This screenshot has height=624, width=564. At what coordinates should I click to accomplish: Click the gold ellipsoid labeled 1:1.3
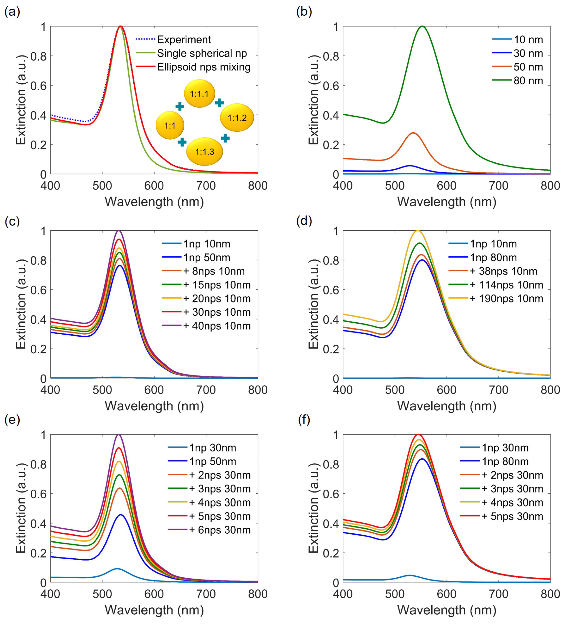[x=204, y=151]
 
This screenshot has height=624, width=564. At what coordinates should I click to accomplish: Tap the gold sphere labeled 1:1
[x=170, y=125]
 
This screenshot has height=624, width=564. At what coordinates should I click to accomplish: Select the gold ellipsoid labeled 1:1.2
[x=237, y=118]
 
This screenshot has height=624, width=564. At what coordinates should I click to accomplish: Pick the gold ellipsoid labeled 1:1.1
[x=199, y=94]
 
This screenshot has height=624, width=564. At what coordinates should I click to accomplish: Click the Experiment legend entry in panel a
[x=184, y=40]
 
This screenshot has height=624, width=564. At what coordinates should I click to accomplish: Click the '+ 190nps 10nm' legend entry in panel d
[x=506, y=298]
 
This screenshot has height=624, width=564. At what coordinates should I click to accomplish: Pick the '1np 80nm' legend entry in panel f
[x=505, y=461]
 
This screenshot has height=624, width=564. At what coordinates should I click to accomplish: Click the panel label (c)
[x=12, y=221]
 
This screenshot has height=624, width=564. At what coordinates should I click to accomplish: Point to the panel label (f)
[x=304, y=420]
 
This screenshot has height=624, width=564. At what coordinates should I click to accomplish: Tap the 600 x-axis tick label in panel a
[x=154, y=186]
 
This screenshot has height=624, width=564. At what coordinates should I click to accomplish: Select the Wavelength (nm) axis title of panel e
[x=154, y=610]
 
